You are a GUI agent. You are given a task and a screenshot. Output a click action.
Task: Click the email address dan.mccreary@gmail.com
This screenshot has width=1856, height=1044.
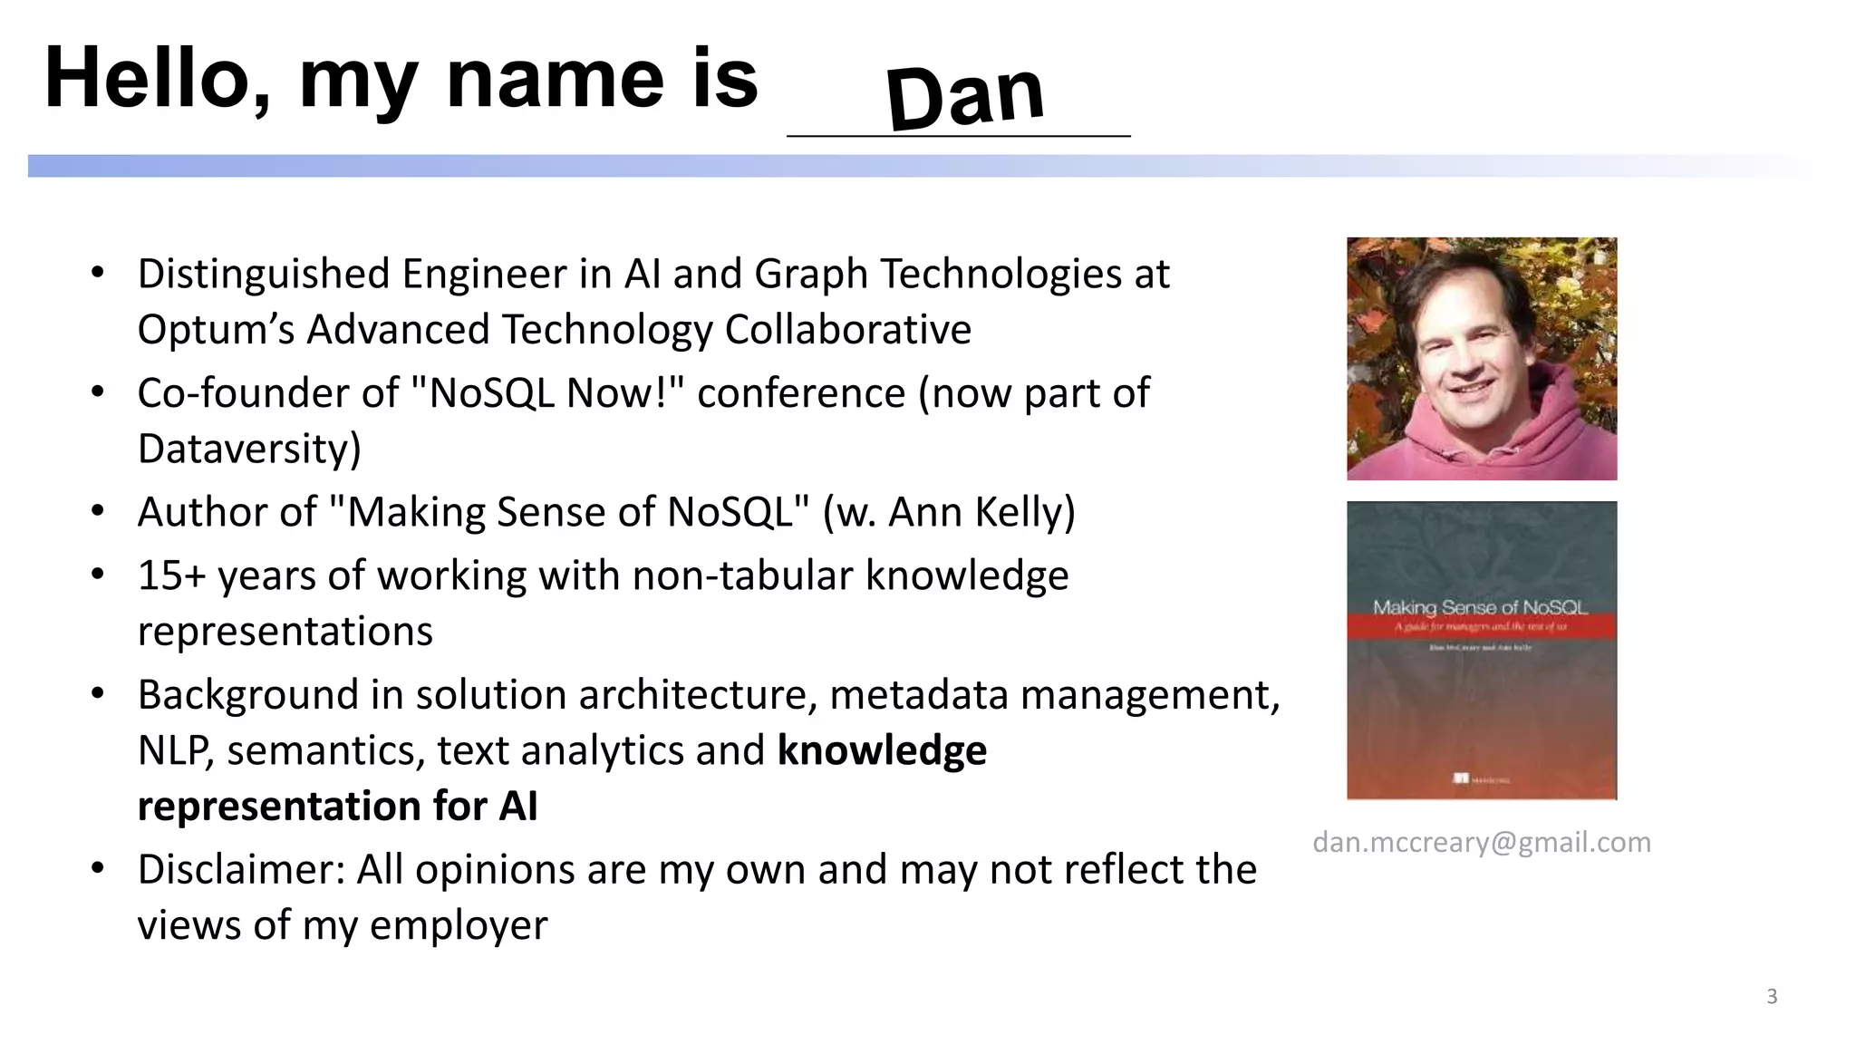[1482, 842]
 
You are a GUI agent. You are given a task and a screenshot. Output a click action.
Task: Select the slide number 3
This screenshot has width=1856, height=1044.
[1772, 997]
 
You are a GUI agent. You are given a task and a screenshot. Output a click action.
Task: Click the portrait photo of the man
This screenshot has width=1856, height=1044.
[1482, 359]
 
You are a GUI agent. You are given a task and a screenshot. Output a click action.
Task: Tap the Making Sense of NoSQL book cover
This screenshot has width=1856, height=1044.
[1482, 650]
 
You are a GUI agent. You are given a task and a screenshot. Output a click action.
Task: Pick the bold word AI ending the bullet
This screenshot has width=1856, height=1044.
[517, 807]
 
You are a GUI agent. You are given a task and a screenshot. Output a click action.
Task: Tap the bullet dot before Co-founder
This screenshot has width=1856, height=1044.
[99, 392]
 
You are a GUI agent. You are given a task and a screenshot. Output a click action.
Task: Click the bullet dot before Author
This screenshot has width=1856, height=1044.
[99, 511]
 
